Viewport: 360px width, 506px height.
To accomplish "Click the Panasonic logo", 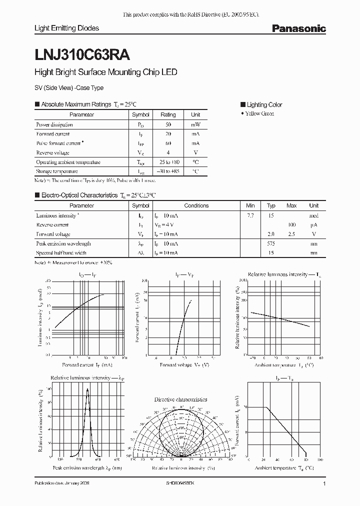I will (x=298, y=29).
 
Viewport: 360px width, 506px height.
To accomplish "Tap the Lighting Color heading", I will (x=264, y=104).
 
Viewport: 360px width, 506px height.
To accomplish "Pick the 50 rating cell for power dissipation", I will (x=168, y=124).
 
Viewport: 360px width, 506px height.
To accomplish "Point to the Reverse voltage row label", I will (x=52, y=153).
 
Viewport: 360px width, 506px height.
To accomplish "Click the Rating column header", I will (x=168, y=115).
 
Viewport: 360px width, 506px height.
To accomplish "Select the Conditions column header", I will (x=196, y=205).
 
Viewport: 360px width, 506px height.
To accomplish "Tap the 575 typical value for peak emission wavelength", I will (x=271, y=243).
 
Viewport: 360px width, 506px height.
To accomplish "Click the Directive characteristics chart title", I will (x=180, y=399).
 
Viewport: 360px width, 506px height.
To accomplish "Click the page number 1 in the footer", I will (x=324, y=484).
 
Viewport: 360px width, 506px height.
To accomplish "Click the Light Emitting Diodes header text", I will (x=66, y=28).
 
